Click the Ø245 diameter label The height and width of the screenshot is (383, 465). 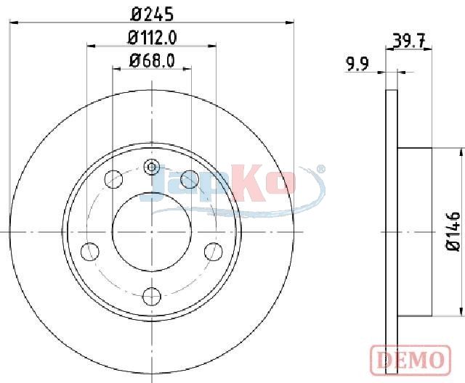click(x=152, y=15)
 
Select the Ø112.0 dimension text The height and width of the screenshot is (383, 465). click(x=152, y=38)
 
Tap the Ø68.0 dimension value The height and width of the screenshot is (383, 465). click(x=152, y=61)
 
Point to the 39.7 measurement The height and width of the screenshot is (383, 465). click(x=409, y=41)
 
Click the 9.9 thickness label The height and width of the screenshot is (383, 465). click(x=357, y=65)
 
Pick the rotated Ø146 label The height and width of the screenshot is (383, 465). click(x=453, y=231)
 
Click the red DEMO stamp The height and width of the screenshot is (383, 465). click(x=411, y=360)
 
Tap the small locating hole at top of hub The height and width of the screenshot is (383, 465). click(x=152, y=168)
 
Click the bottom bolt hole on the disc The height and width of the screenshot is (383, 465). click(x=152, y=296)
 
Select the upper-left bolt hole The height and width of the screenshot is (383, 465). click(x=114, y=179)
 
